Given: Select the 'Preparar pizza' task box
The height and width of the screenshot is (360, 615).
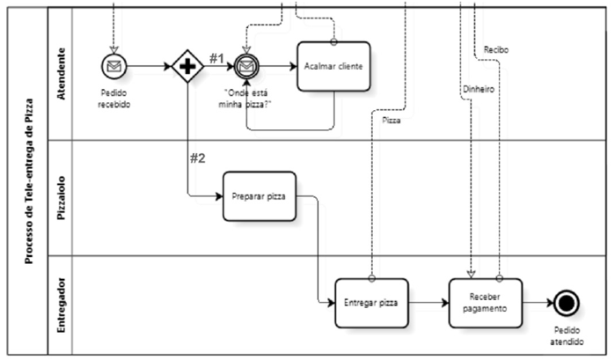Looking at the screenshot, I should tap(259, 196).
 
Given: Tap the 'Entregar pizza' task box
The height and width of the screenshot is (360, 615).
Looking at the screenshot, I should tap(370, 303).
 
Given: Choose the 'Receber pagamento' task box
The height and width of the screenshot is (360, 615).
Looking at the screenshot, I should tap(485, 303).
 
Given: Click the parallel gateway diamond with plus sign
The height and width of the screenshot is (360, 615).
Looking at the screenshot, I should tap(187, 66).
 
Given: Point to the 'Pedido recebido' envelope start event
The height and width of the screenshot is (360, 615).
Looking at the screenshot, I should tap(113, 66).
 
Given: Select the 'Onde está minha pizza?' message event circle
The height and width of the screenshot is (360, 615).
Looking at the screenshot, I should tap(247, 66).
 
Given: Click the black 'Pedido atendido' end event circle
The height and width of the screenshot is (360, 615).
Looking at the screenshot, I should tap(567, 304).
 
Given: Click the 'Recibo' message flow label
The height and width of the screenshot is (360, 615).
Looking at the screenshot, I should tap(496, 50).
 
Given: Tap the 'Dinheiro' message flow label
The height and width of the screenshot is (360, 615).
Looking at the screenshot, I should tap(478, 90).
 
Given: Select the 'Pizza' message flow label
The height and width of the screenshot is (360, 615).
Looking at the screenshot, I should tap(392, 120).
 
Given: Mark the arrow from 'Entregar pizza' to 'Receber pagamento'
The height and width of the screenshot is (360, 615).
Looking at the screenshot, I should tap(428, 303).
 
